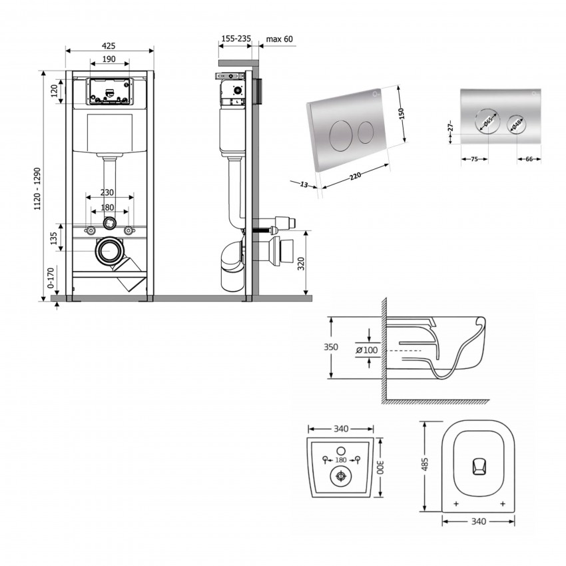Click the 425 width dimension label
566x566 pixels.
click(109, 45)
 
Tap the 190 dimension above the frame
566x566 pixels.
click(109, 59)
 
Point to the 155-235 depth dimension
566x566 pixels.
click(236, 39)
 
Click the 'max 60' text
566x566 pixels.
click(279, 39)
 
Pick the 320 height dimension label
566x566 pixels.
click(300, 264)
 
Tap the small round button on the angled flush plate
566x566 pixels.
click(364, 132)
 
